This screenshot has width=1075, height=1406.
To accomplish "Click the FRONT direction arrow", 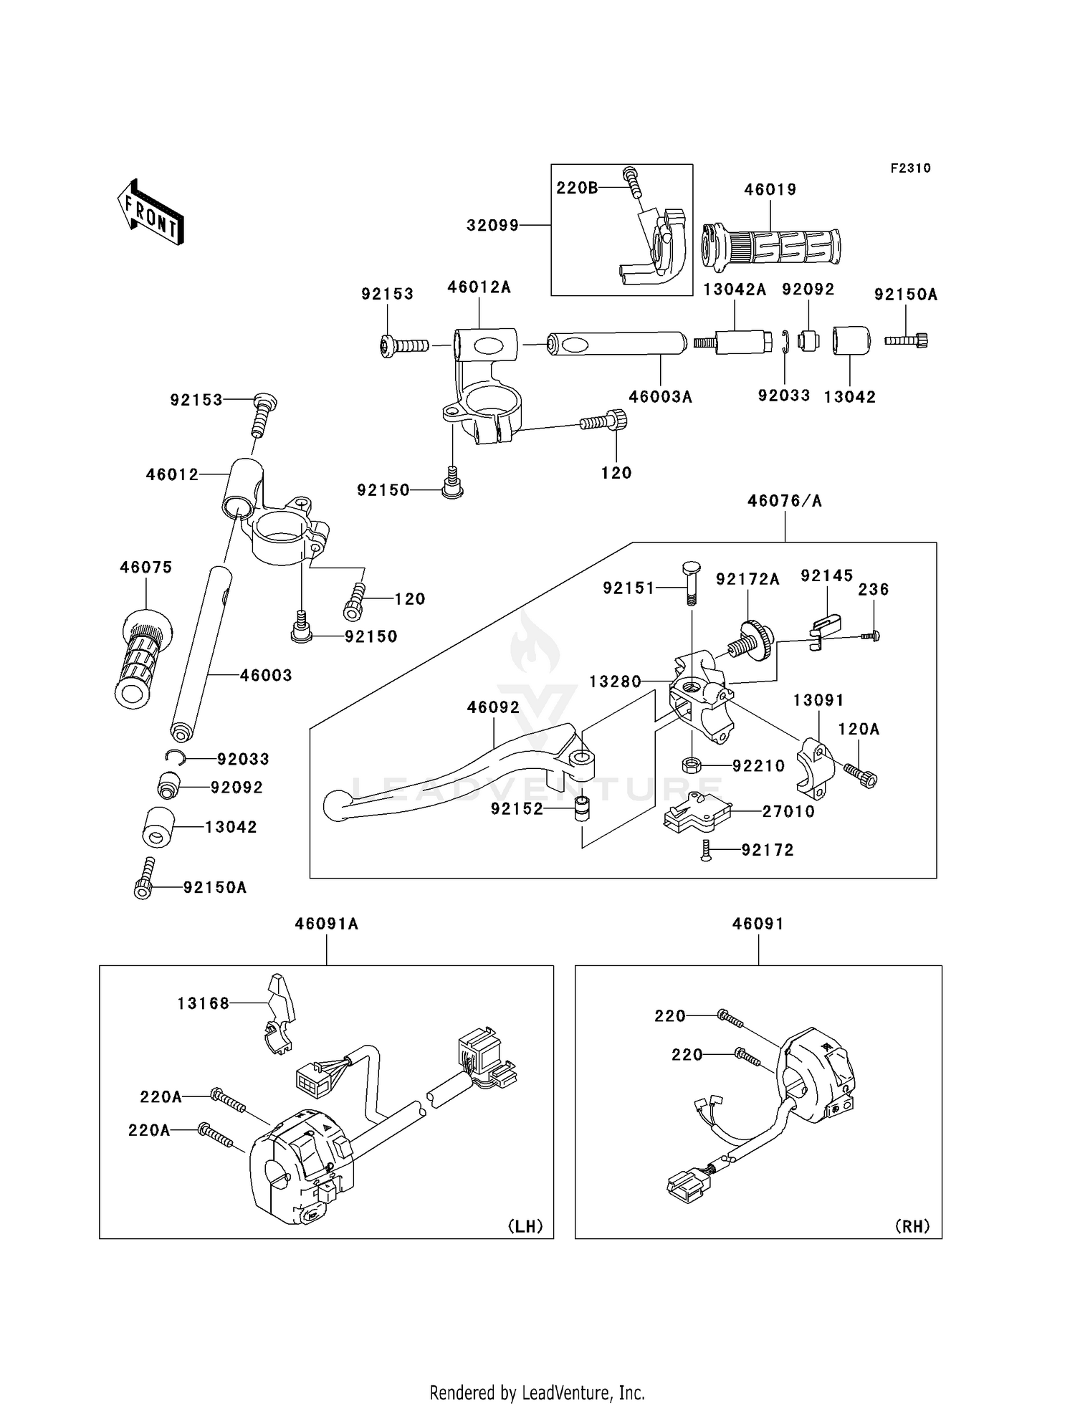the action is (150, 213).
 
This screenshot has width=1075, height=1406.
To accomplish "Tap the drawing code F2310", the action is (910, 168).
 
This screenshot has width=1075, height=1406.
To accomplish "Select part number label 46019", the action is (770, 190).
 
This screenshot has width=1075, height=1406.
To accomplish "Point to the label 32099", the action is (492, 226).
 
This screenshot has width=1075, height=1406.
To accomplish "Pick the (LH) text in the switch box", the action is (525, 1227).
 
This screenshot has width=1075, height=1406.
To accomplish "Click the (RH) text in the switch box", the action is (912, 1227).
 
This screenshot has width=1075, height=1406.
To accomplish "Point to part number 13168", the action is (204, 1004).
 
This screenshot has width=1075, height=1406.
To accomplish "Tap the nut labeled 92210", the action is (691, 765).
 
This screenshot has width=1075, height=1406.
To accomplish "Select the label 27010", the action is (788, 812).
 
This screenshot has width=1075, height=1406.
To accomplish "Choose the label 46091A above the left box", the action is (327, 924).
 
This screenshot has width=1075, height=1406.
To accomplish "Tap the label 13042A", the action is (735, 290).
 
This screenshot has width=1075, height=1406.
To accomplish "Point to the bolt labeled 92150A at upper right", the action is (907, 340).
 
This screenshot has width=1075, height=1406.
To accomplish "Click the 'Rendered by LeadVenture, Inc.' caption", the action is (537, 1372).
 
